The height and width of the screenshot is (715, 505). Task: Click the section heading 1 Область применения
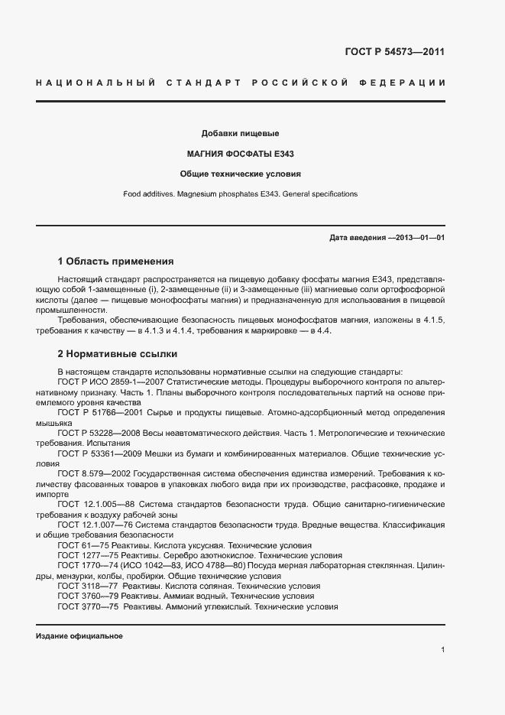(115, 261)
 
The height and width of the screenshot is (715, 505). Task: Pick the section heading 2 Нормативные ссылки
(118, 354)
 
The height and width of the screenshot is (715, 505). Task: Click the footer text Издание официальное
(79, 636)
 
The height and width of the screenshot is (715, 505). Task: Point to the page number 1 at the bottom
(443, 650)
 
